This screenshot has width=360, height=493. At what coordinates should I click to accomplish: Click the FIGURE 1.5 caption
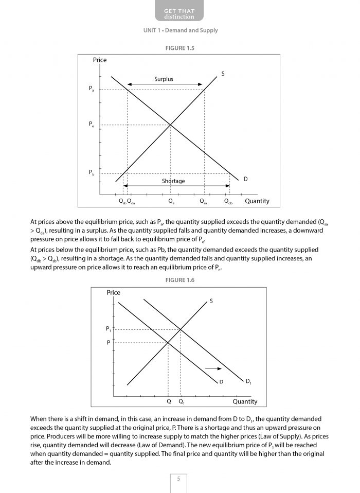click(x=180, y=48)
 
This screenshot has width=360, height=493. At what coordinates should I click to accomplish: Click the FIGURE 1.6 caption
click(x=180, y=280)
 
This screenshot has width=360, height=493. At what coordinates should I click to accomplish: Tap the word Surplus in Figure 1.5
click(x=164, y=79)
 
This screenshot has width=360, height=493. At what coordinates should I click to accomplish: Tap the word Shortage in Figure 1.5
click(x=173, y=181)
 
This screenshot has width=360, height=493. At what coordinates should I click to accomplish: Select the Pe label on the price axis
click(x=92, y=125)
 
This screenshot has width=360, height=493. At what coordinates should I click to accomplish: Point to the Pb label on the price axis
click(x=92, y=173)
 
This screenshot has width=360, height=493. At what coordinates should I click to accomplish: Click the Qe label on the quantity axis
click(x=171, y=202)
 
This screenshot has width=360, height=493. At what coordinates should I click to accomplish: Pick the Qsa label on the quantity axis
click(x=203, y=202)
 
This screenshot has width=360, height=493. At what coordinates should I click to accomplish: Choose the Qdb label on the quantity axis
click(x=228, y=202)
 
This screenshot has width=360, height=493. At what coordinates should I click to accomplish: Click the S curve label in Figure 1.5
click(x=223, y=74)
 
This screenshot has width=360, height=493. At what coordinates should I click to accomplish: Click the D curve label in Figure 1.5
click(x=245, y=179)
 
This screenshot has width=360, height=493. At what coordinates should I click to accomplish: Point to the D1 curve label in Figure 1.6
click(x=248, y=381)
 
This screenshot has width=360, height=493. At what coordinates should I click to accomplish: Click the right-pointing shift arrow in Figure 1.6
click(x=213, y=368)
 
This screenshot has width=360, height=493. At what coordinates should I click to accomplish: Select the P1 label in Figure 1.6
click(x=109, y=329)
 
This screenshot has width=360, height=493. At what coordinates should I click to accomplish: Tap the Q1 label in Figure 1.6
click(x=181, y=401)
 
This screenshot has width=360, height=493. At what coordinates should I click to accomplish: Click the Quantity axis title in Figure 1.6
click(x=245, y=401)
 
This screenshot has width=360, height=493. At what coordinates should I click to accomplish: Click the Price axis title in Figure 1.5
click(x=100, y=60)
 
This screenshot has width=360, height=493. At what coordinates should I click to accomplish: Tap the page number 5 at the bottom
click(x=178, y=479)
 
